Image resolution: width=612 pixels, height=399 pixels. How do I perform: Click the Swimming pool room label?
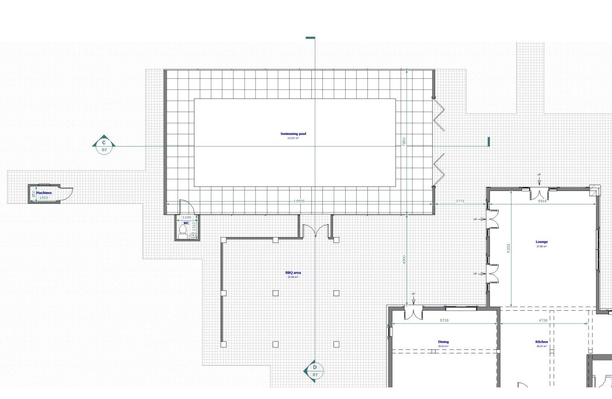(293, 134)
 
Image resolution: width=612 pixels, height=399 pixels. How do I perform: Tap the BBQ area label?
(293, 273)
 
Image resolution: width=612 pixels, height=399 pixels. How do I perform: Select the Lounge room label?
(542, 242)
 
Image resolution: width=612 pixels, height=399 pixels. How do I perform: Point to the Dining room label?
(443, 342)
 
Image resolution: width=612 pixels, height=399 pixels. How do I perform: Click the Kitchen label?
(541, 342)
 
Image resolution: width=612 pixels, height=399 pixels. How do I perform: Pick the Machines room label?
(44, 193)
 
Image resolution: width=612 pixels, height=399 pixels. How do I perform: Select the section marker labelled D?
(315, 370)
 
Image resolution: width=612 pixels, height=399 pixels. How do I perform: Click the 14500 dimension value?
(299, 202)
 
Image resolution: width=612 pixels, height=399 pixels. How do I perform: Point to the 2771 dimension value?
(460, 202)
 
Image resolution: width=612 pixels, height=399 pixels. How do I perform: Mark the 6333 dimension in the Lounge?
(509, 248)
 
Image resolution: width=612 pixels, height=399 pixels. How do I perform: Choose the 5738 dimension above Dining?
(444, 321)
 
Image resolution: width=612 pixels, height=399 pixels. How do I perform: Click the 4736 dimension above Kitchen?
(543, 321)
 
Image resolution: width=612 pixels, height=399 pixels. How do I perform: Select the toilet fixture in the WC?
(183, 232)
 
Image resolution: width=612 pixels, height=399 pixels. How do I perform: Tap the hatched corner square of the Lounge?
(594, 190)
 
